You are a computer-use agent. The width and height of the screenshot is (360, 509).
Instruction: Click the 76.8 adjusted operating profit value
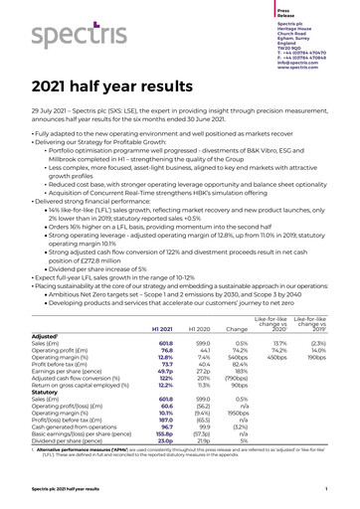pyautogui.click(x=166, y=379)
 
